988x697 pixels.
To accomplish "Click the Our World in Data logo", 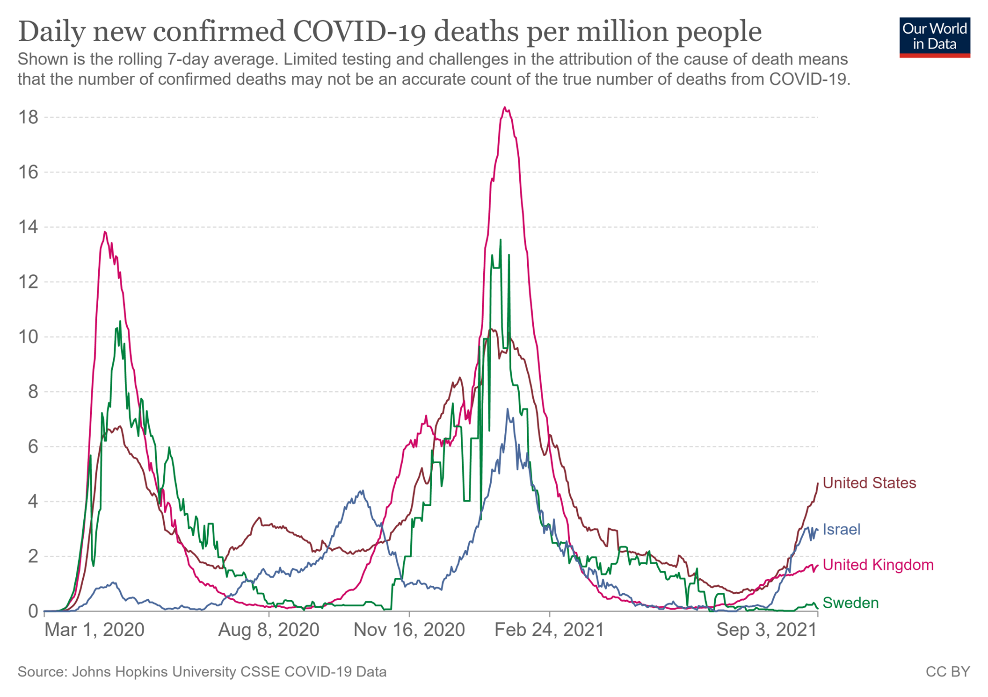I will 934,37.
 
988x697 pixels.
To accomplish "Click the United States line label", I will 869,483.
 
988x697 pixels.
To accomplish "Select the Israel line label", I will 841,529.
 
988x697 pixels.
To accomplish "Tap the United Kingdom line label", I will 878,565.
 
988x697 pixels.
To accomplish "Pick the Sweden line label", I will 850,603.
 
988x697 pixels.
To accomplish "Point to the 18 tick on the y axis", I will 28,117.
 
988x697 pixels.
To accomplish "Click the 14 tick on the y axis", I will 28,227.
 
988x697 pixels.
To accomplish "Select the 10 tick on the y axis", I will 28,337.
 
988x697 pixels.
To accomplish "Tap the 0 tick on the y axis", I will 33,611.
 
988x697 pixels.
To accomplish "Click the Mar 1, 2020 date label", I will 94,630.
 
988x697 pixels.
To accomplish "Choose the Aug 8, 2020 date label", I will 269,630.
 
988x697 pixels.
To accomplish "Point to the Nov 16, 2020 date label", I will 409,630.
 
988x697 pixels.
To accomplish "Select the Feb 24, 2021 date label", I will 549,630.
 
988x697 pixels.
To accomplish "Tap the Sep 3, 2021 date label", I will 766,630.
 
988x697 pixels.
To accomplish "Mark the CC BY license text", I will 947,672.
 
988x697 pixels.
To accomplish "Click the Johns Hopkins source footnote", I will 202,672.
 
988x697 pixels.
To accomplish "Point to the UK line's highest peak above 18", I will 504,108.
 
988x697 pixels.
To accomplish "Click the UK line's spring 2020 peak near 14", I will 105,232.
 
